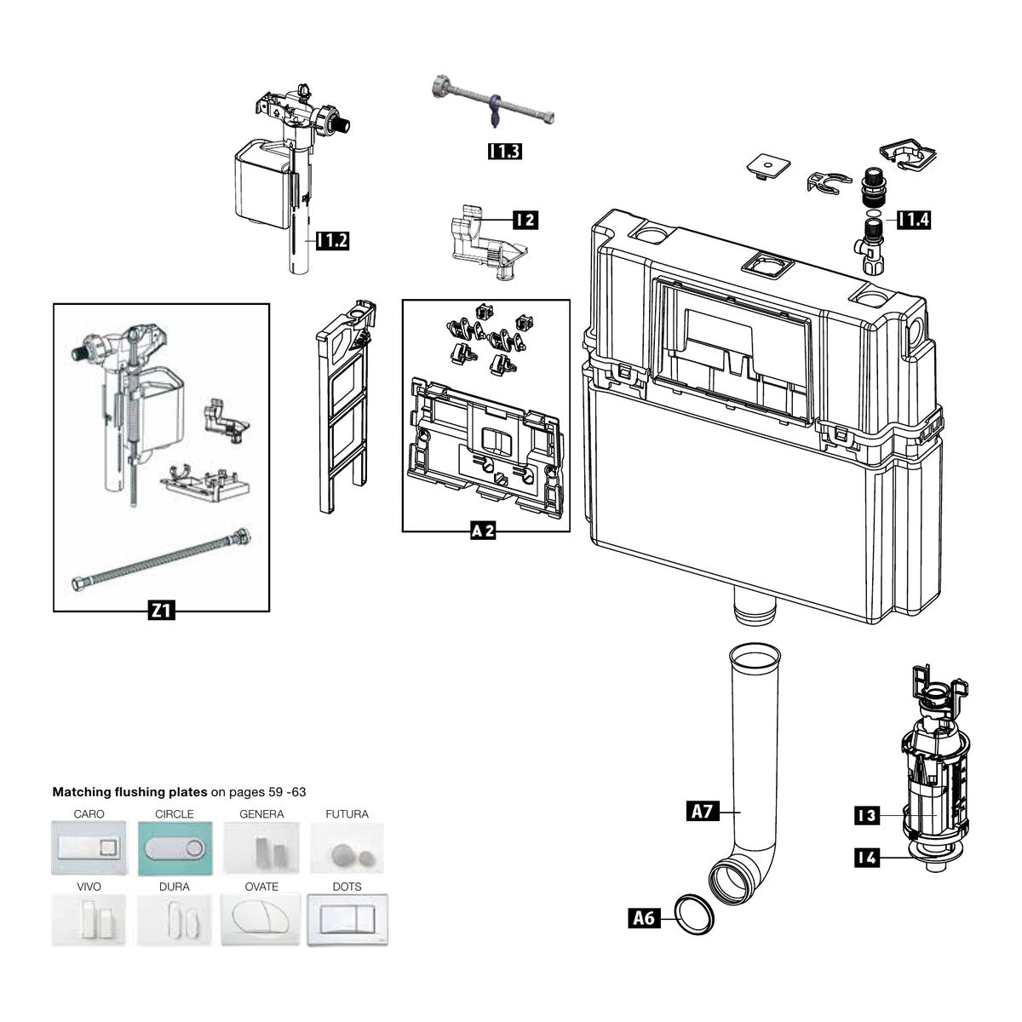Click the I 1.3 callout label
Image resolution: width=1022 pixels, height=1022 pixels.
(504, 151)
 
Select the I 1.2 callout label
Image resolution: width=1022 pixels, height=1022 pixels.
(333, 241)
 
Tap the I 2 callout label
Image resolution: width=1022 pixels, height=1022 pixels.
(525, 220)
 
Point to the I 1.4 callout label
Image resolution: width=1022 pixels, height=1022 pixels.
(914, 220)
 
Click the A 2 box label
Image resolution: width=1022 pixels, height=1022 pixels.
(483, 530)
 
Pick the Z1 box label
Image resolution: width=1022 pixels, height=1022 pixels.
(161, 611)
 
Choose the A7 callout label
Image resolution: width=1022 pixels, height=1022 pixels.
(702, 812)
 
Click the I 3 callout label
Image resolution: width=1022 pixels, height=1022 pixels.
(867, 815)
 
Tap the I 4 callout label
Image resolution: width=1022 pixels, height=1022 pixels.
(867, 858)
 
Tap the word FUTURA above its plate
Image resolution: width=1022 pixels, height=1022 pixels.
(347, 813)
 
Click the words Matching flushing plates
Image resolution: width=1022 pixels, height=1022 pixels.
(129, 792)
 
